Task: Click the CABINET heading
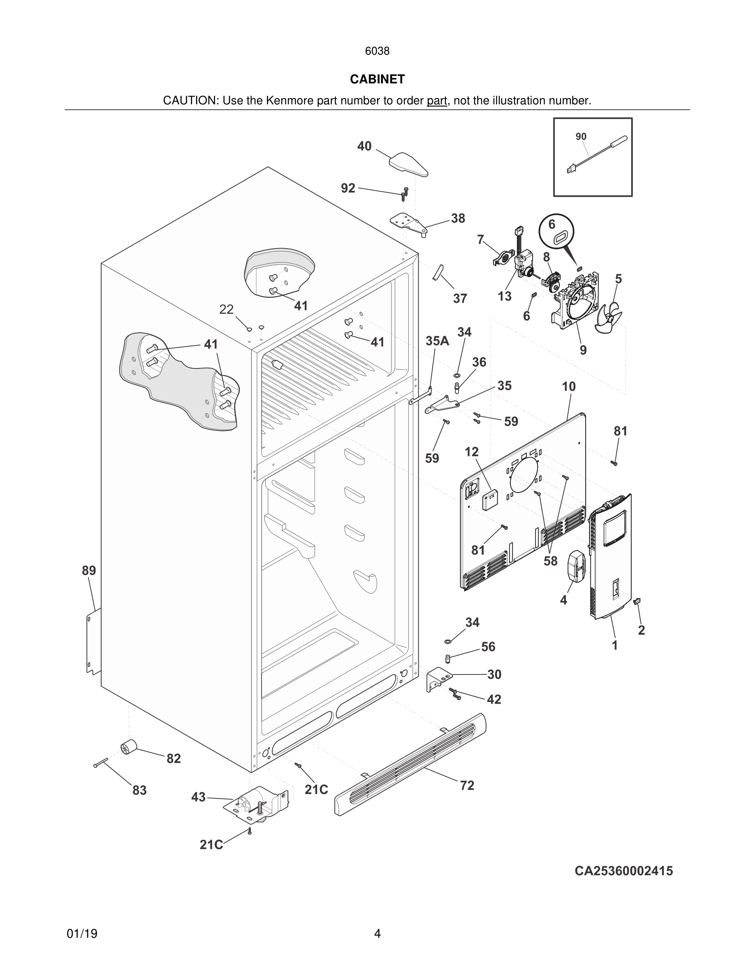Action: (x=377, y=79)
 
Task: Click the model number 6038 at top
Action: (x=377, y=51)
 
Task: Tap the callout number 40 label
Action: (x=364, y=146)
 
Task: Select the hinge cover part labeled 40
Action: (x=408, y=164)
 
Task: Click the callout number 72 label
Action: (x=467, y=785)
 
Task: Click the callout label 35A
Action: (x=437, y=341)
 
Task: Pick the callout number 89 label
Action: (x=88, y=571)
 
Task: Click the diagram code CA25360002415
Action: (x=623, y=871)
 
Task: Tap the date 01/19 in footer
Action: (x=82, y=934)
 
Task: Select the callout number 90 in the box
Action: (x=581, y=137)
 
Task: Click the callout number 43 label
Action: (x=198, y=797)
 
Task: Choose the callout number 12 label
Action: (x=471, y=452)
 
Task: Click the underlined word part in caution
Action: (x=437, y=101)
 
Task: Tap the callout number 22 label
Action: (x=226, y=309)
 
